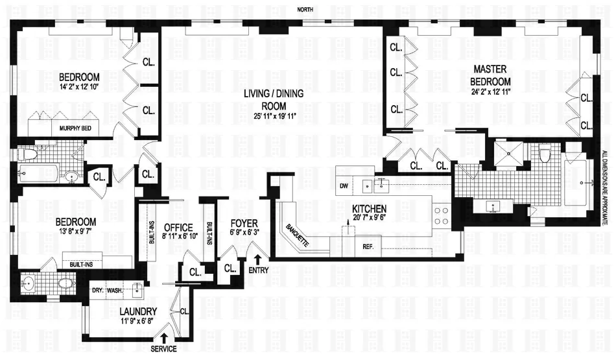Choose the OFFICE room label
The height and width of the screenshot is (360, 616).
point(178,227)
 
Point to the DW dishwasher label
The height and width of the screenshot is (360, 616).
point(344,186)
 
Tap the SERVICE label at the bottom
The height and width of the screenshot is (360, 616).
point(163,349)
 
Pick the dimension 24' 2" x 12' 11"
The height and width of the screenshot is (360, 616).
point(492,92)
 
